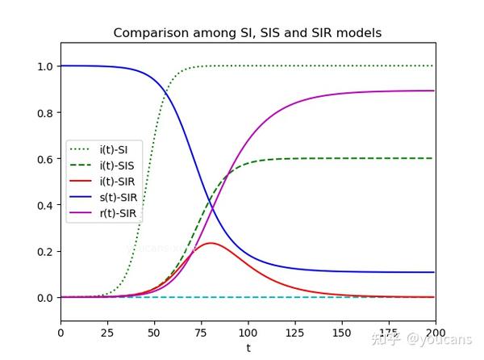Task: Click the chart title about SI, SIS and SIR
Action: pos(247,33)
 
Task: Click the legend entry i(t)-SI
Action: pos(117,149)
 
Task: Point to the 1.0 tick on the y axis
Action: pos(44,66)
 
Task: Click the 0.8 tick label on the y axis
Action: pos(44,112)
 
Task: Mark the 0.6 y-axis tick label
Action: pos(44,159)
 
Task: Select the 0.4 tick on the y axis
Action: pos(44,205)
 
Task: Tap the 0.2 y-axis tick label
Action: pos(44,251)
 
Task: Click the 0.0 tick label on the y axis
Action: pos(44,298)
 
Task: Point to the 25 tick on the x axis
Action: pos(107,333)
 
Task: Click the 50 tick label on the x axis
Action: pos(154,333)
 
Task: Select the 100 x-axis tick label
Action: pos(248,333)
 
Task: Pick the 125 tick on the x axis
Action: pos(294,333)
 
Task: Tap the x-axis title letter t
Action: pos(248,348)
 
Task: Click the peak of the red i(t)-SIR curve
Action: pos(211,243)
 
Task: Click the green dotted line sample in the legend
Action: pos(82,149)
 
